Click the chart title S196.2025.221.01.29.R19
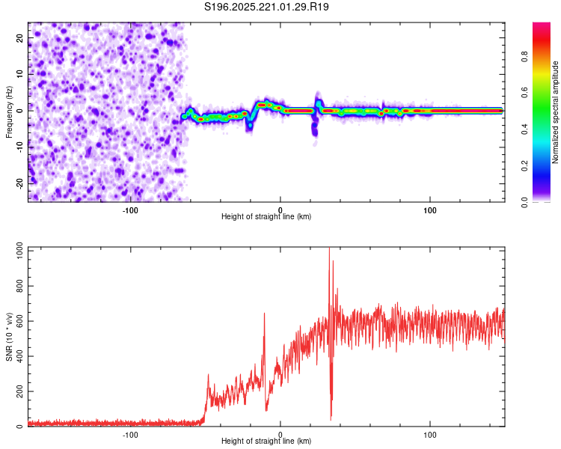tap(267, 7)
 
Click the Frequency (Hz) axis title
tap(9, 112)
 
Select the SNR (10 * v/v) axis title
tap(9, 337)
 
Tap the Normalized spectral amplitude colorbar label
tap(555, 112)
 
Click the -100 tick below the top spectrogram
tap(130, 209)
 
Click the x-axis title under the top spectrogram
tap(266, 217)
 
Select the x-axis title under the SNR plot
tap(266, 442)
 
